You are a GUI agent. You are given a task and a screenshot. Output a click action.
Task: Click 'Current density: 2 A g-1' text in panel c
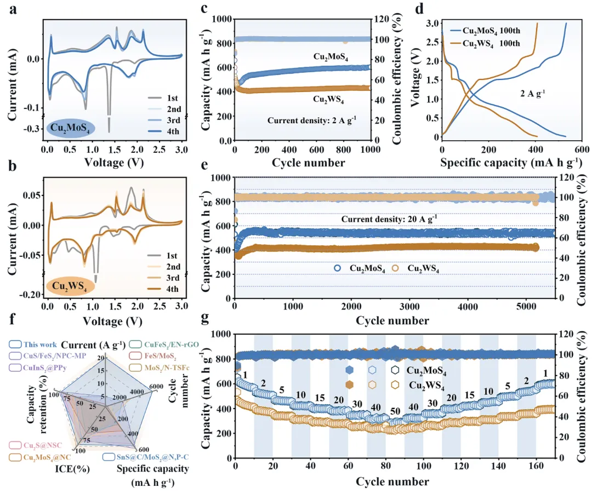(x=312, y=118)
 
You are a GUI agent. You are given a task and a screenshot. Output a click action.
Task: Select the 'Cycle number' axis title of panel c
(x=303, y=163)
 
